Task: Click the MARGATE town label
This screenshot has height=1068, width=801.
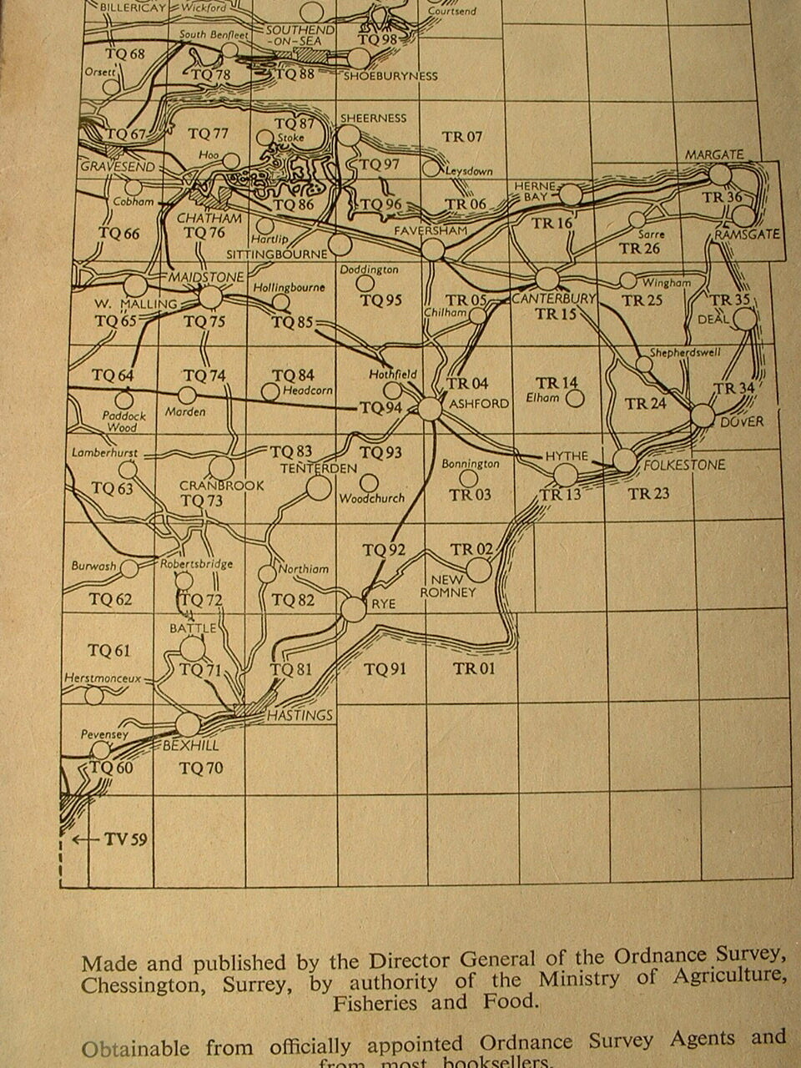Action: (x=714, y=155)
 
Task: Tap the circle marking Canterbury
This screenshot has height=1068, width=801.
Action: (x=547, y=279)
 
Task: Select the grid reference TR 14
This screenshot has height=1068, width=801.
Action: (x=557, y=383)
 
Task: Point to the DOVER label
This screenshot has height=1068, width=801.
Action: (x=741, y=422)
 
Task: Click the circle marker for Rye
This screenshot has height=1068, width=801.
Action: (x=354, y=610)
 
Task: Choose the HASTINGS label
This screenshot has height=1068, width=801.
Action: (x=300, y=715)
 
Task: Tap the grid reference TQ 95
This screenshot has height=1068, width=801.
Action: (x=381, y=300)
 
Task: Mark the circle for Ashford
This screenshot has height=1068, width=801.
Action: (x=430, y=409)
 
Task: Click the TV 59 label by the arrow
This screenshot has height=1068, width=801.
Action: (x=126, y=839)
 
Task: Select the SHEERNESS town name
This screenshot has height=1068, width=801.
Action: (x=374, y=118)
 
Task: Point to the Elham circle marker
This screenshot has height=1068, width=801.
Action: (x=574, y=399)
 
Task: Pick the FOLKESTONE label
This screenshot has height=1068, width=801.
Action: (x=684, y=465)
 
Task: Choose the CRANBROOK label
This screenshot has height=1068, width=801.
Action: (x=222, y=486)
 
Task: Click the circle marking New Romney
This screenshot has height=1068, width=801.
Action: (x=479, y=570)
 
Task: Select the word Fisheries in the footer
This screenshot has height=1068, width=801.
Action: (x=375, y=1003)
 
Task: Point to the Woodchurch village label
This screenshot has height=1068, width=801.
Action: (x=371, y=499)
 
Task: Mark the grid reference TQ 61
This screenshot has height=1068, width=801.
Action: (x=109, y=651)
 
